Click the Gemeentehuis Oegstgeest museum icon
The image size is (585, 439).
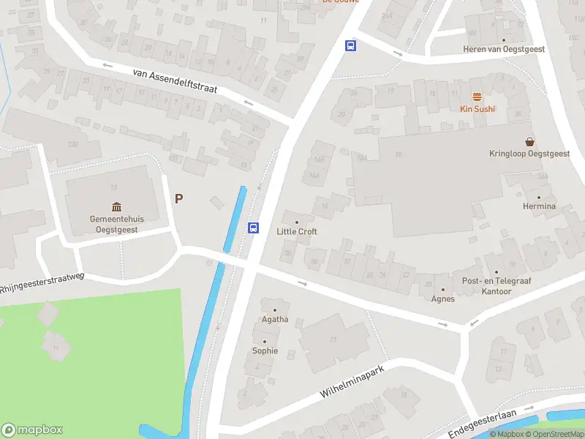coord(116,207)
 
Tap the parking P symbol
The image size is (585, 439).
coord(178,198)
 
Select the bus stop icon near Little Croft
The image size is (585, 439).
coord(254,228)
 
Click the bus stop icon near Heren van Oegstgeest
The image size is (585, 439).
coord(350,46)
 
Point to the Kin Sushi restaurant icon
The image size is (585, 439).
coord(477,97)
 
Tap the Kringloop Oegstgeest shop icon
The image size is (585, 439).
coord(529,141)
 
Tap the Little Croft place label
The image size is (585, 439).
coord(297,231)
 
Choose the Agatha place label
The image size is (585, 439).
coord(275,319)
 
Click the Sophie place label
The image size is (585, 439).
coord(265,350)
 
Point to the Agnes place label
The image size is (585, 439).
coord(442,299)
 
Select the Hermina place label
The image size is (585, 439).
coord(539,206)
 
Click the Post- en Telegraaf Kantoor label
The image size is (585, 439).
coord(486,286)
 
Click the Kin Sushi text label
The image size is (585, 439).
coord(478,109)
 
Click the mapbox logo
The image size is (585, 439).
coord(32,430)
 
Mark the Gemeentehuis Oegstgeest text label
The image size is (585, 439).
coord(116,224)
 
